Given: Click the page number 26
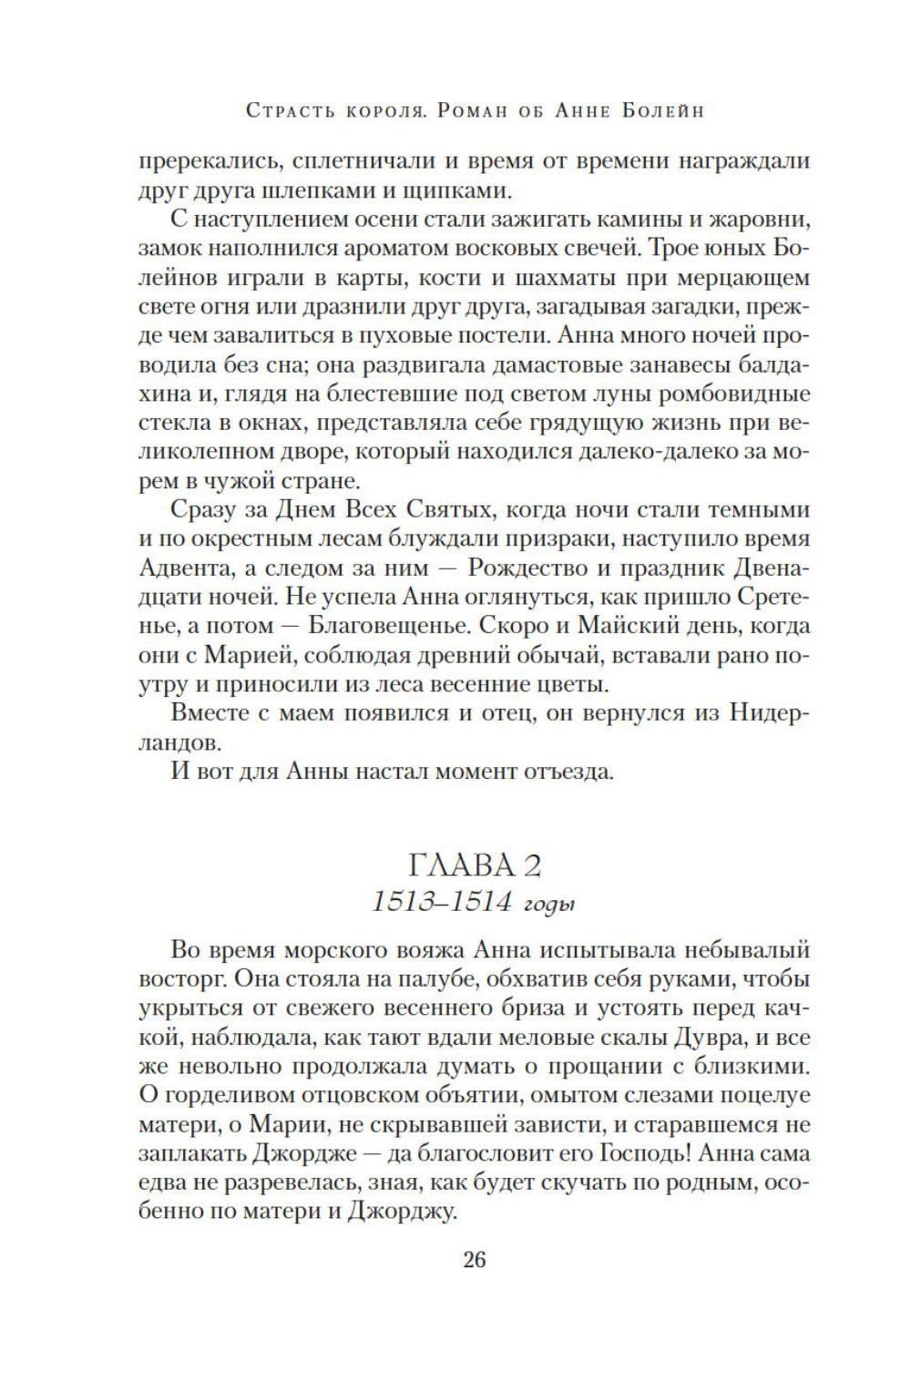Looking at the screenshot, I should pyautogui.click(x=475, y=1260).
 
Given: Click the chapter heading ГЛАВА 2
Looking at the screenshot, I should pyautogui.click(x=476, y=860).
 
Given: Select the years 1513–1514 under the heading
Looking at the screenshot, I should pyautogui.click(x=439, y=902).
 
